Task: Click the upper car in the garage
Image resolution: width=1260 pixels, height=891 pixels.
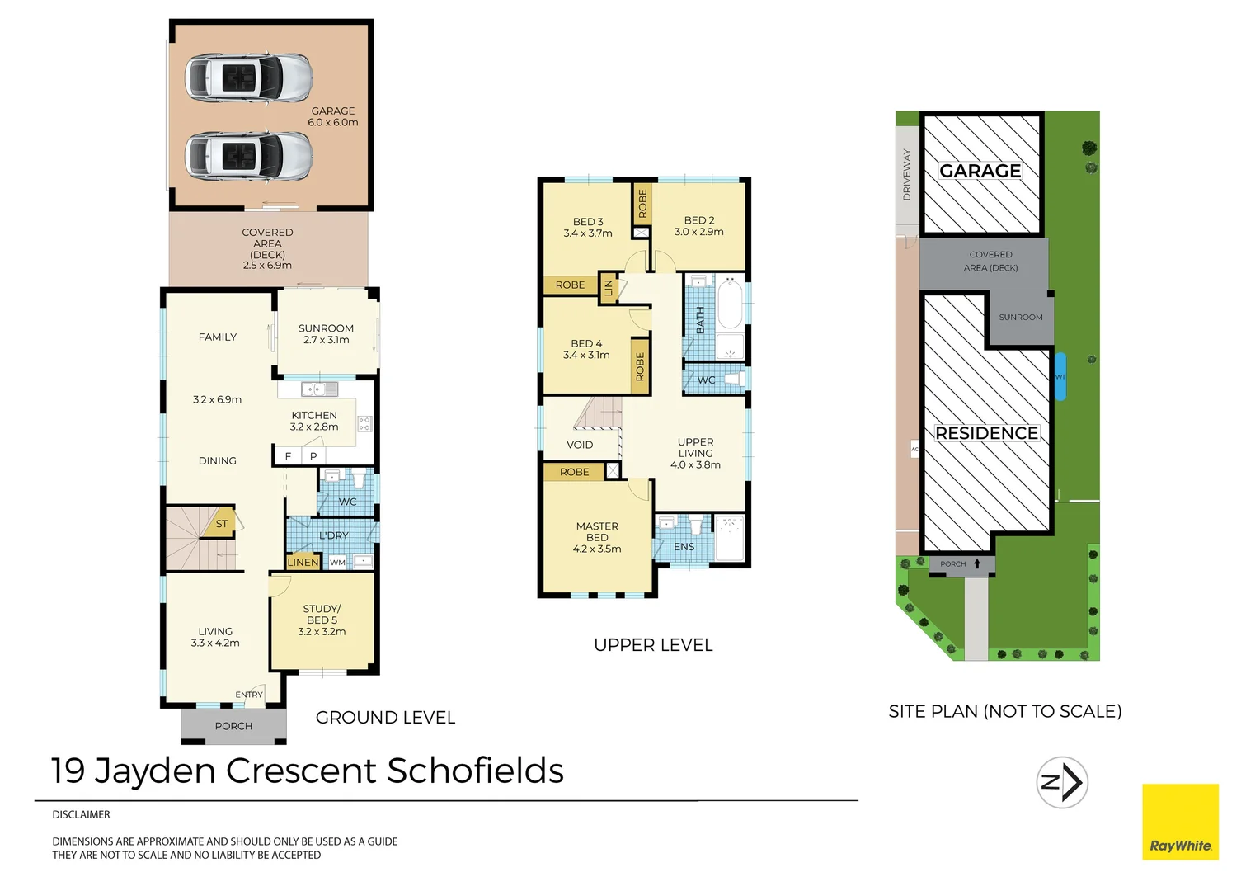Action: (248, 77)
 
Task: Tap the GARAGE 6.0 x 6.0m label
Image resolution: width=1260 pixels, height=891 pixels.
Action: (333, 116)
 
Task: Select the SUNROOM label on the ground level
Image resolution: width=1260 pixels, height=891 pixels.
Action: (326, 328)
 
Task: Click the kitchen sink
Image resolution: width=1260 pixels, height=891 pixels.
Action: (318, 389)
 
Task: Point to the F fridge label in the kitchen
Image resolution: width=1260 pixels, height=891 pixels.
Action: (288, 456)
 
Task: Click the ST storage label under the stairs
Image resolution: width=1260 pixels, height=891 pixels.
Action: (221, 524)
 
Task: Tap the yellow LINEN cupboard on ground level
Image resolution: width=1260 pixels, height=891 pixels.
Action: (303, 563)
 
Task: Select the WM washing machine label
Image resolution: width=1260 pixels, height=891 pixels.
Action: (338, 563)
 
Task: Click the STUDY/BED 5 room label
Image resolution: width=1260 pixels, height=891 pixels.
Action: (322, 615)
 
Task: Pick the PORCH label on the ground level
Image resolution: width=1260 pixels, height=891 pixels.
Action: (233, 726)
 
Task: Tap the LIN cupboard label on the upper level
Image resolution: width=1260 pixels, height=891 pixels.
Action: (609, 288)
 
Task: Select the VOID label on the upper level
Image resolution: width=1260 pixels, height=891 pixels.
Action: (580, 445)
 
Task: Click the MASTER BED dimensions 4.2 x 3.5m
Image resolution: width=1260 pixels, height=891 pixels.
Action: (597, 549)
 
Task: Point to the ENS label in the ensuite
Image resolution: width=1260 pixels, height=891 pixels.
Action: (684, 547)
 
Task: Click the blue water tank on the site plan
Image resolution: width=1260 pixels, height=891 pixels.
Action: (1060, 377)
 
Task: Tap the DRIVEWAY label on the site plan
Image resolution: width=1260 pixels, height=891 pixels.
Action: (907, 175)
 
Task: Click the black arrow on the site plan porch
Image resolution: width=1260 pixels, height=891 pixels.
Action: (977, 564)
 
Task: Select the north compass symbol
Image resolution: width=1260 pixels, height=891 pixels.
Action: (1062, 782)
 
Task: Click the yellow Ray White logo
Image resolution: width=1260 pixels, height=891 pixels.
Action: (1180, 822)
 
